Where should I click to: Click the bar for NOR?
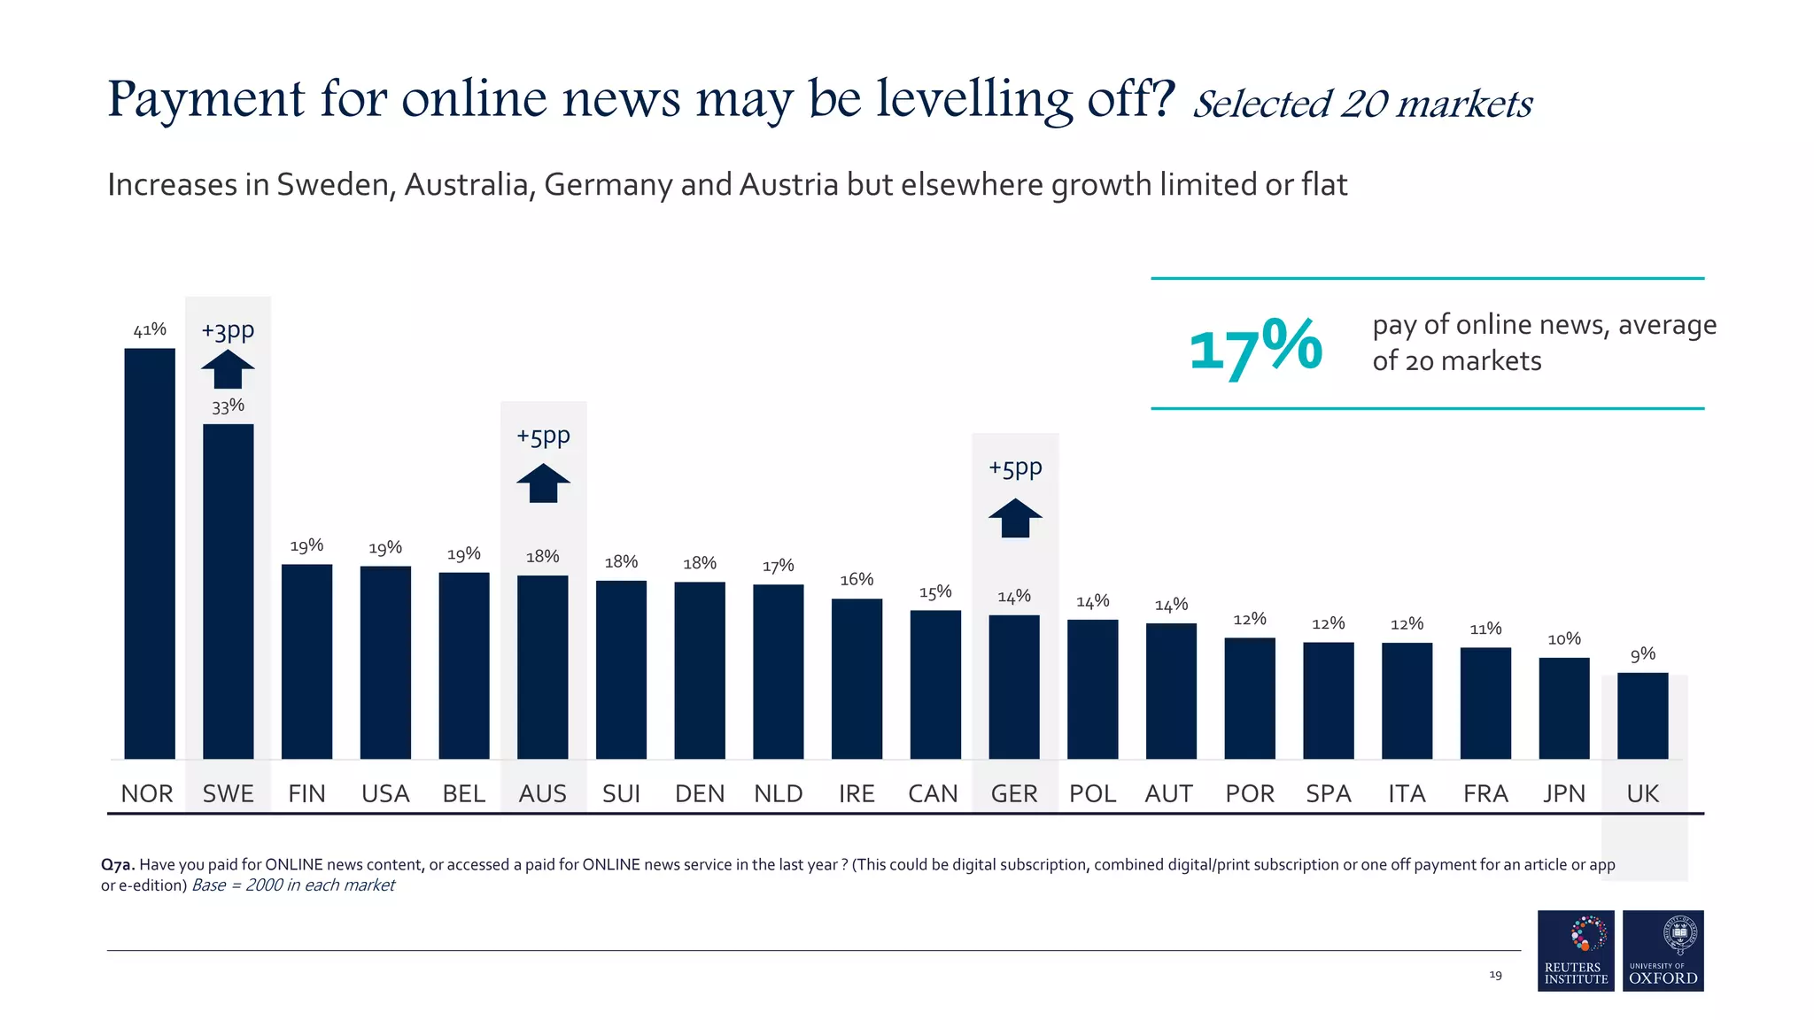pyautogui.click(x=150, y=553)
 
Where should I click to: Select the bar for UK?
pyautogui.click(x=1642, y=715)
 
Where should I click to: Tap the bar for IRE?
pyautogui.click(x=857, y=678)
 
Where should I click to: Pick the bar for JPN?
pyautogui.click(x=1563, y=707)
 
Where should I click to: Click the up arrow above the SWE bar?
pyautogui.click(x=228, y=369)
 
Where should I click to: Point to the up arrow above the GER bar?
pyautogui.click(x=1015, y=518)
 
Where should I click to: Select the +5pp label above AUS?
pyautogui.click(x=543, y=437)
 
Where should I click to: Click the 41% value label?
pyautogui.click(x=150, y=330)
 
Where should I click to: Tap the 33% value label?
pyautogui.click(x=228, y=406)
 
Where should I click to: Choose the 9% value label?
pyautogui.click(x=1642, y=654)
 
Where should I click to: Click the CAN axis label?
pyautogui.click(x=933, y=793)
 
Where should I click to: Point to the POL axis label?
pyautogui.click(x=1092, y=793)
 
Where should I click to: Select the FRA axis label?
pyautogui.click(x=1485, y=793)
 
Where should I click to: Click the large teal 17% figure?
pyautogui.click(x=1255, y=347)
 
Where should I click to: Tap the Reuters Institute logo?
pyautogui.click(x=1576, y=950)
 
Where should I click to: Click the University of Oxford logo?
pyautogui.click(x=1663, y=950)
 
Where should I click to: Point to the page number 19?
pyautogui.click(x=1495, y=975)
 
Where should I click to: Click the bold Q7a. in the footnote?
pyautogui.click(x=118, y=865)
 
